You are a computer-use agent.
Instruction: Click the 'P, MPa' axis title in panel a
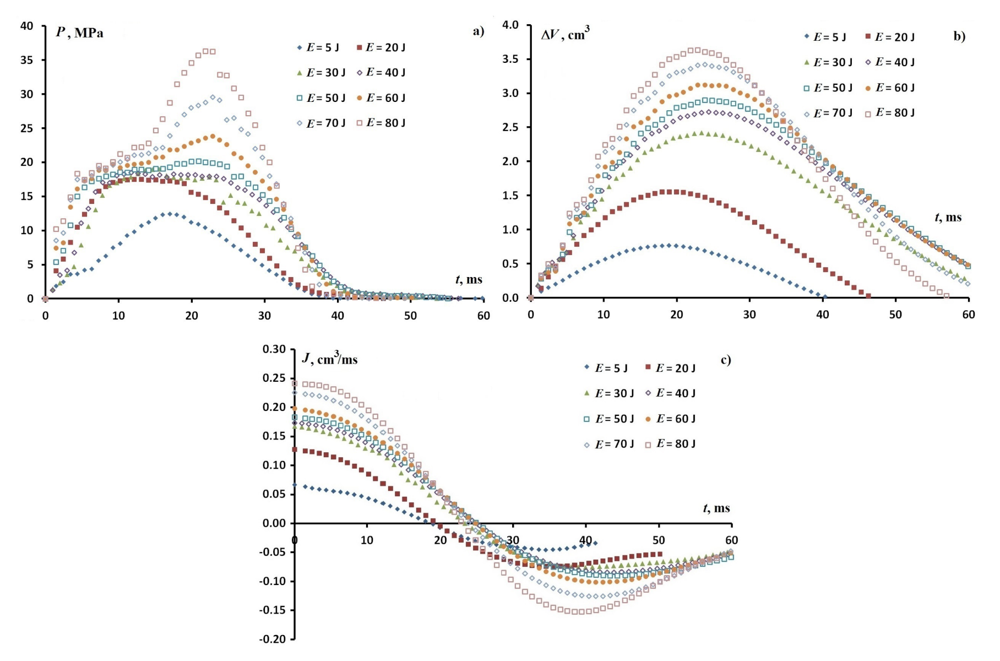coord(79,32)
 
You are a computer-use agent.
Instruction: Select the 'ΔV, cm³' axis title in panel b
coord(565,35)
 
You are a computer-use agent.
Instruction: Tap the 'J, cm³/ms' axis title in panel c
coord(330,359)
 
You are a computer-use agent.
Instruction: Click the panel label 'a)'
coord(479,31)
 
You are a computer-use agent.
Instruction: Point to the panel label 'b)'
coord(959,36)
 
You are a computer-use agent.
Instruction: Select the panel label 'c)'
coord(725,360)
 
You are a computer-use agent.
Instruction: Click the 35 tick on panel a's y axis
coord(27,60)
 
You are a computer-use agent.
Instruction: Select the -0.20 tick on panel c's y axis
coord(274,639)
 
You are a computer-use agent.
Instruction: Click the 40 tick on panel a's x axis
coord(337,316)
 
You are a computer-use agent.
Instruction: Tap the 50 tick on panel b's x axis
coord(895,315)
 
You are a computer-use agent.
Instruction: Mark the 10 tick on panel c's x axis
coord(367,540)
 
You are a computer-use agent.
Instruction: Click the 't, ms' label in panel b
coord(948,217)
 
